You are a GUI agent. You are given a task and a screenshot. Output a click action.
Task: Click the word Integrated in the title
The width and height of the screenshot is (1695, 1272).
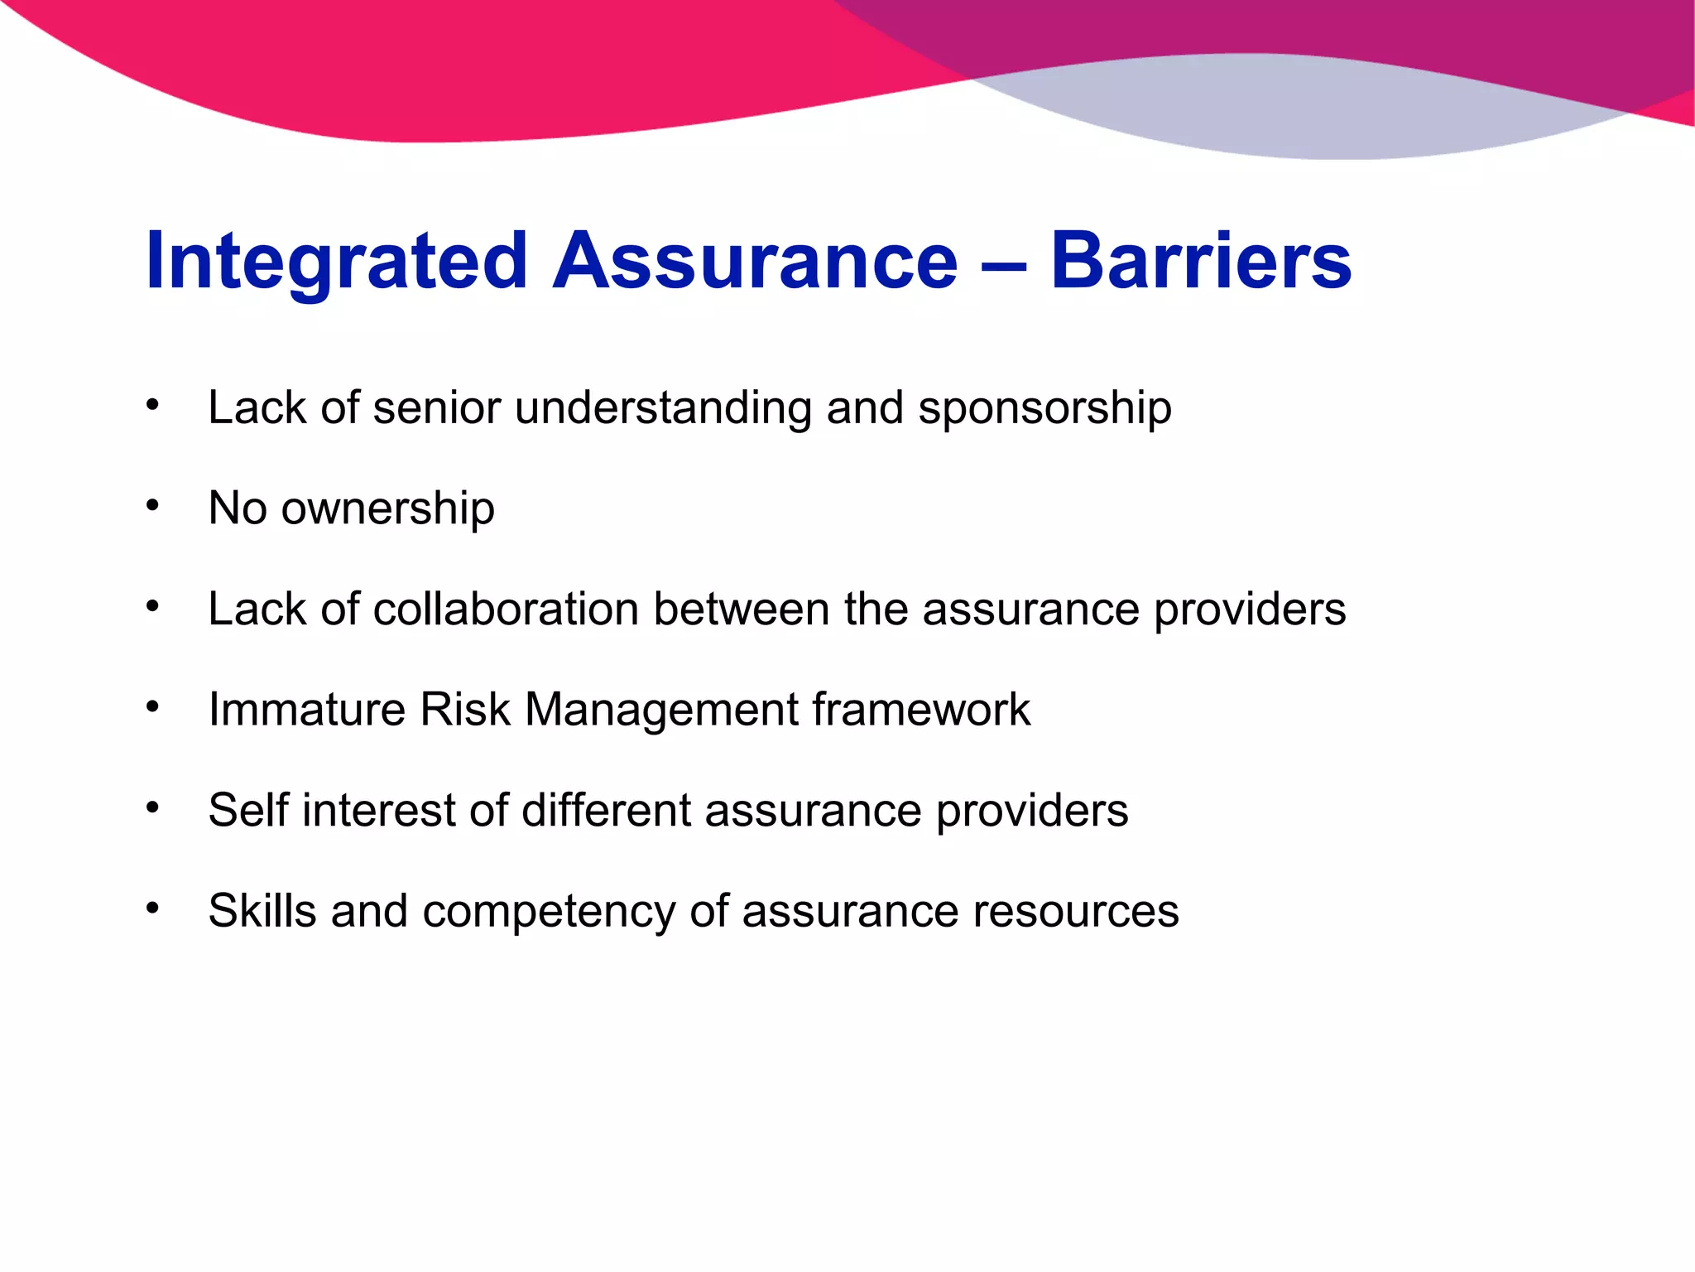pyautogui.click(x=336, y=262)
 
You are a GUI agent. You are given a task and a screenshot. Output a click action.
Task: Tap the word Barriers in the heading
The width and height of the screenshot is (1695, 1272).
pyautogui.click(x=1201, y=262)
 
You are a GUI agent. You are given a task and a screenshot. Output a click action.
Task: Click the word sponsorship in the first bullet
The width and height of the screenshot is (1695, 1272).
pyautogui.click(x=1044, y=408)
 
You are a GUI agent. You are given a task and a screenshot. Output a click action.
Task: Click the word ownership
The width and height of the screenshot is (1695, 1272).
pyautogui.click(x=388, y=508)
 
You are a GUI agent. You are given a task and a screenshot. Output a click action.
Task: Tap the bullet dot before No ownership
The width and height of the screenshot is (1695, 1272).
pyautogui.click(x=152, y=505)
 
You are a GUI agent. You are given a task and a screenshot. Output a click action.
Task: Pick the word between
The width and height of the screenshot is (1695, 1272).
pyautogui.click(x=741, y=609)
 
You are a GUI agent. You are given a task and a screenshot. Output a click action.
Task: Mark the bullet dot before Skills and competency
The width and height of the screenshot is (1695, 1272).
pyautogui.click(x=152, y=908)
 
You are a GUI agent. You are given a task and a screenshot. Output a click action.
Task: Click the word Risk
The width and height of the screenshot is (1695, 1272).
pyautogui.click(x=465, y=710)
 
